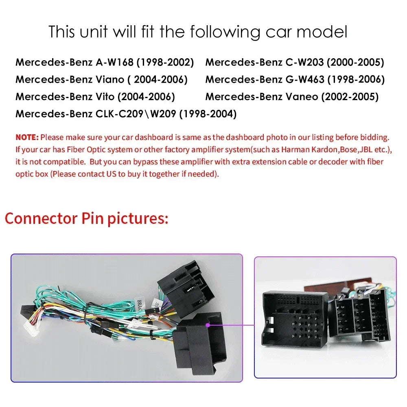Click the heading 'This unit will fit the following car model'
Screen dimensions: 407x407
coord(198,32)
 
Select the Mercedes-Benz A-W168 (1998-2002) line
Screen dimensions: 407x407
coord(105,62)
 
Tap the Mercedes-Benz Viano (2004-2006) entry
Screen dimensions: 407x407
coord(101,79)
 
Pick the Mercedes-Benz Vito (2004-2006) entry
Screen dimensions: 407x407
coord(95,96)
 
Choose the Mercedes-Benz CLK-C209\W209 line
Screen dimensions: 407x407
coord(126,114)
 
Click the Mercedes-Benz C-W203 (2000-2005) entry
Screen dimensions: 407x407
coord(295,62)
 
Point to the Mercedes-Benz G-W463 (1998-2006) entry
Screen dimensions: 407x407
coord(295,79)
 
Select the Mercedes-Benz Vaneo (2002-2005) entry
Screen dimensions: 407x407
coord(292,96)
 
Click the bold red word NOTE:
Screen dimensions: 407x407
coord(27,137)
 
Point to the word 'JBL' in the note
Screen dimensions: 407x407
coord(366,149)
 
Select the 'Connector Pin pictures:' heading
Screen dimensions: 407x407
coord(87,218)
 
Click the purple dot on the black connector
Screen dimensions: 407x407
coord(208,325)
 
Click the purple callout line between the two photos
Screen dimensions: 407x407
coord(231,325)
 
